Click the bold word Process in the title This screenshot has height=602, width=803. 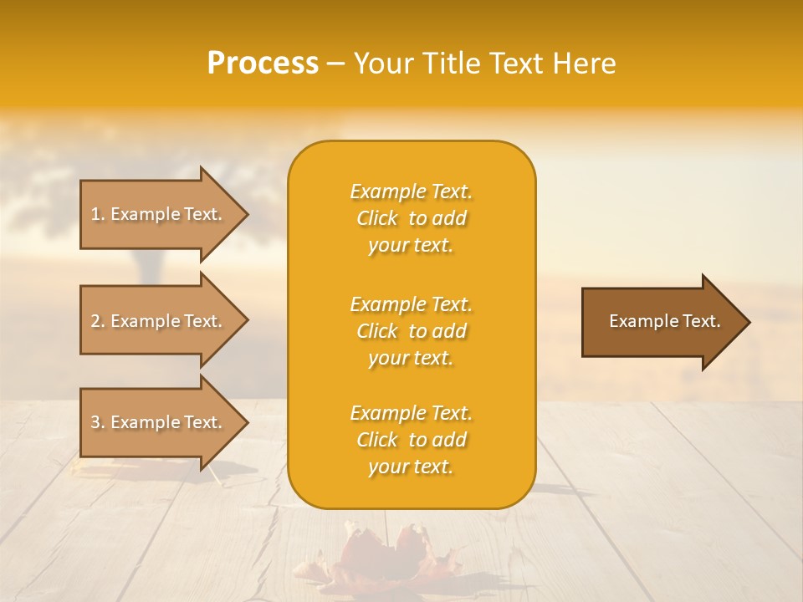coord(263,64)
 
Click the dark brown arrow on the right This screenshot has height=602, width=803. coord(661,322)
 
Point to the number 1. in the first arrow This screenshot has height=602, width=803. coord(98,215)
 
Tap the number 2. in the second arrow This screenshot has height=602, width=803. coord(98,322)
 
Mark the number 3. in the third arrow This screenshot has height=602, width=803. coord(98,423)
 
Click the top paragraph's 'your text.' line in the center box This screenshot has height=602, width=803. coord(411,246)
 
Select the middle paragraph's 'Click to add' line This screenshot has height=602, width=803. coord(411,331)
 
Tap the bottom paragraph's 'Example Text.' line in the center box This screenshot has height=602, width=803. coord(411,413)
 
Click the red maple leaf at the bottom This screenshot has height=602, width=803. coord(385,556)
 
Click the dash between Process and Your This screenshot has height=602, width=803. coord(335,64)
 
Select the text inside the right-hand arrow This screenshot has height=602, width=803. coord(664,321)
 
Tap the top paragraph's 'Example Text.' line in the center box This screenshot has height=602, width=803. coord(411,191)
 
